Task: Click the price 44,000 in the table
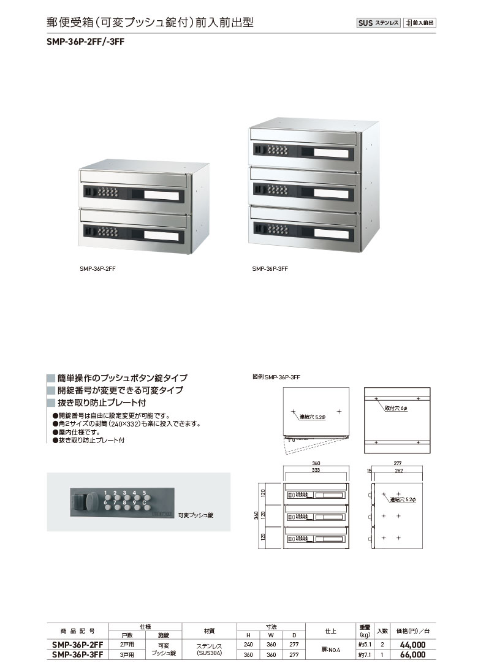[x=412, y=645]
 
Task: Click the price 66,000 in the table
[x=412, y=654]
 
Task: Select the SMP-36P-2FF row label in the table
[x=77, y=645]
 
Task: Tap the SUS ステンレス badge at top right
[x=378, y=23]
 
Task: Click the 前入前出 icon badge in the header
[x=420, y=23]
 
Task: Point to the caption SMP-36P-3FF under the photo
[x=270, y=269]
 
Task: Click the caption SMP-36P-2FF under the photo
[x=97, y=269]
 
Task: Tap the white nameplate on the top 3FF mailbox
[x=331, y=153]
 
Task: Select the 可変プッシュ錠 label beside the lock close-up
[x=195, y=515]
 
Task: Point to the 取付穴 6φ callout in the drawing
[x=396, y=408]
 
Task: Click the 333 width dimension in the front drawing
[x=316, y=470]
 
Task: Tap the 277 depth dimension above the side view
[x=397, y=463]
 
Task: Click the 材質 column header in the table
[x=209, y=631]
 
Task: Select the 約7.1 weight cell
[x=365, y=654]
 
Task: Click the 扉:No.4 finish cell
[x=331, y=650]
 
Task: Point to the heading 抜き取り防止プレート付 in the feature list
[x=102, y=403]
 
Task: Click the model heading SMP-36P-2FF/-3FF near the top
[x=86, y=42]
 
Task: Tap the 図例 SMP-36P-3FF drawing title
[x=276, y=377]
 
